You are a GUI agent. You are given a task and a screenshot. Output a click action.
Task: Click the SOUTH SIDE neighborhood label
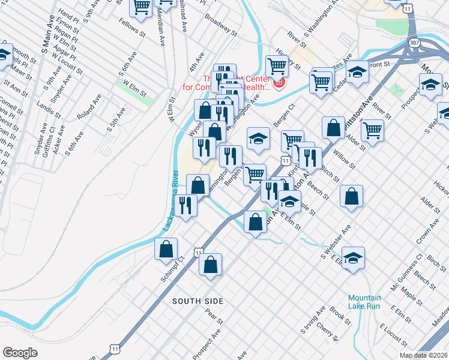[197, 301]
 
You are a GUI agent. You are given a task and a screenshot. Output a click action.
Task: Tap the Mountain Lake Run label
[364, 302]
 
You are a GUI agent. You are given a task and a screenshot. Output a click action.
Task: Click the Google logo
[20, 353]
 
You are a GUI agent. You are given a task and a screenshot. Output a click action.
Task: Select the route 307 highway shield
[414, 44]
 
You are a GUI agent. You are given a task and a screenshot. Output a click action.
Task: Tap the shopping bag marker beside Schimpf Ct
[166, 248]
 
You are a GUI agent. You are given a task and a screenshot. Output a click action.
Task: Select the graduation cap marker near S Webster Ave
[354, 257]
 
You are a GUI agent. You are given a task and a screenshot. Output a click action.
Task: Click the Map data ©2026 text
[424, 355]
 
